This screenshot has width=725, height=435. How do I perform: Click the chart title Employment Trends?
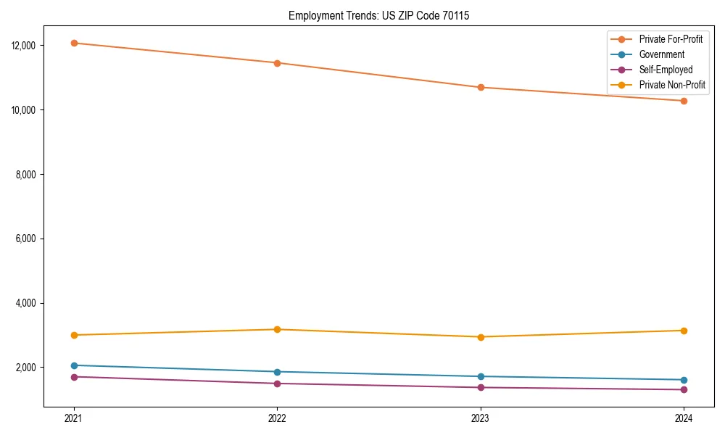[378, 15]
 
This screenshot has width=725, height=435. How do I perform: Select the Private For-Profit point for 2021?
[73, 43]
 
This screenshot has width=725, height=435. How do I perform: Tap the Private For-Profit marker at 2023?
[480, 88]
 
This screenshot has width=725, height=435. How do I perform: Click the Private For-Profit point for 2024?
[684, 101]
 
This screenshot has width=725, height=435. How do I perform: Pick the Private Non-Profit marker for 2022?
[277, 329]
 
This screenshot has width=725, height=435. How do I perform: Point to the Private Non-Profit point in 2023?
[480, 337]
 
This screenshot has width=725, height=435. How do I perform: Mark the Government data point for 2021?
[73, 365]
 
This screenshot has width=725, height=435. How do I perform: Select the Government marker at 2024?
[684, 380]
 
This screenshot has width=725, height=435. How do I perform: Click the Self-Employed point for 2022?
[277, 384]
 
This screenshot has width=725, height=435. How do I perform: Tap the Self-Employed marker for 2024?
[684, 389]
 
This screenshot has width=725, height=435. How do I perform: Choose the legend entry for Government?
[661, 54]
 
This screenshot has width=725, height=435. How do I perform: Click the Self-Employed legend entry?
[666, 70]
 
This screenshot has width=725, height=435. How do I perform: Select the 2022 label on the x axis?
[277, 418]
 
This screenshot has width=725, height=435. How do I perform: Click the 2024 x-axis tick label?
[684, 418]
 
